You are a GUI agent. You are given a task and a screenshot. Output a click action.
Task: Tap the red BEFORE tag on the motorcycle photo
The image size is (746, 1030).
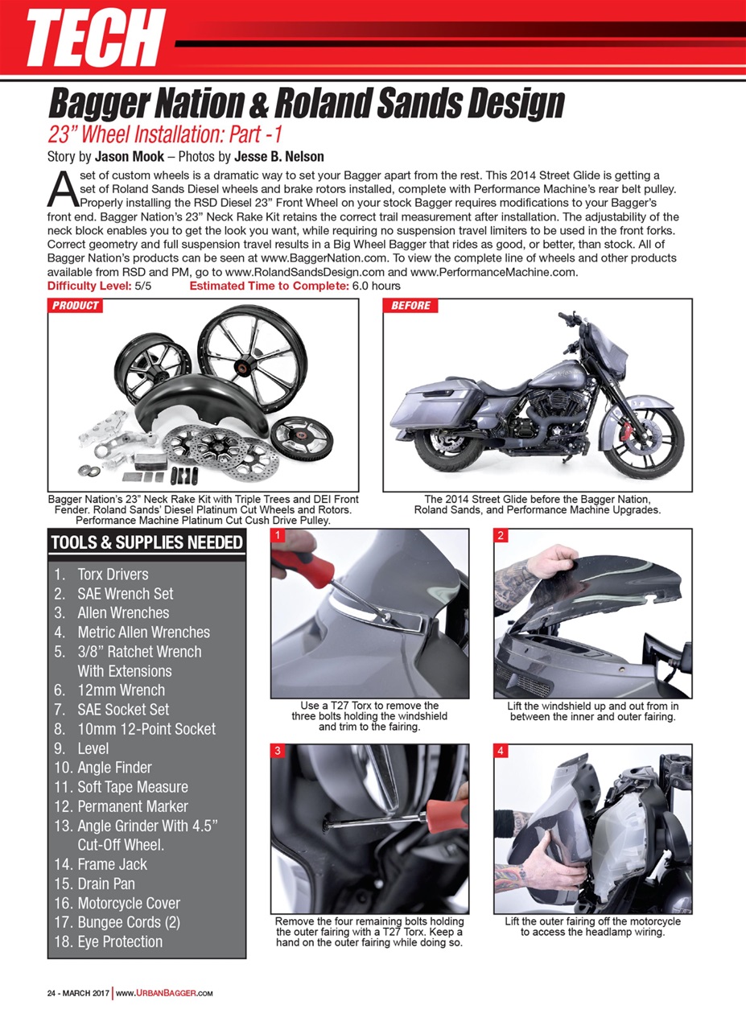click(410, 306)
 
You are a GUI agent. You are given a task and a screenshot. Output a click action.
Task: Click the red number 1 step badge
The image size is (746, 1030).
click(277, 535)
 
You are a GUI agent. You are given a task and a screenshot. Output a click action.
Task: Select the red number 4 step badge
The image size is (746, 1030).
click(501, 751)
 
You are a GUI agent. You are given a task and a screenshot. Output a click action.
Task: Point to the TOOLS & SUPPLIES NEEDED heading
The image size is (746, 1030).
click(146, 542)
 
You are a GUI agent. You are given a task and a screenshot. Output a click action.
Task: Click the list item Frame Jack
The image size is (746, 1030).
click(112, 864)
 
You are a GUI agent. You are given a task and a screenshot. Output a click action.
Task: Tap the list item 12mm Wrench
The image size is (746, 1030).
click(121, 690)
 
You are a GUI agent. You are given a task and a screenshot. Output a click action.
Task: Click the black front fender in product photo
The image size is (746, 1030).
click(193, 402)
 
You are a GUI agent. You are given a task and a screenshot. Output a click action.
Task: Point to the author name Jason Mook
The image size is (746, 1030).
click(129, 156)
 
